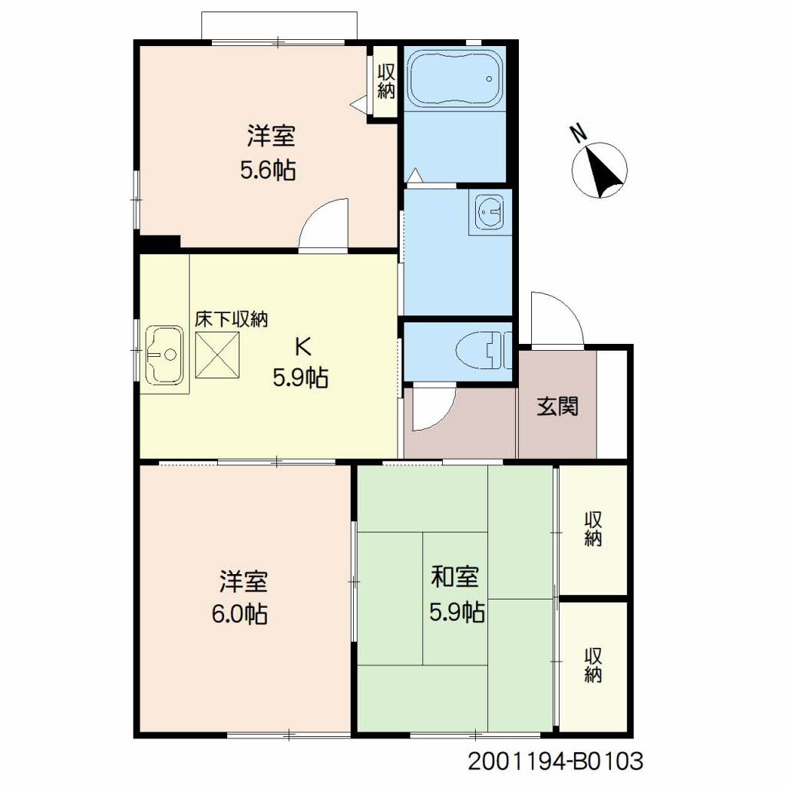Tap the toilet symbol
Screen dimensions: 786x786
[484, 350]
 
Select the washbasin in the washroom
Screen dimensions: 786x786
[490, 212]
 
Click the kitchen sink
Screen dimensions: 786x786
[164, 355]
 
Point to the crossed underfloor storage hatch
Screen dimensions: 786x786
[217, 355]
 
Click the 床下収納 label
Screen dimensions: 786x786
[231, 319]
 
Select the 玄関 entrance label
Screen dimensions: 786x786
[557, 406]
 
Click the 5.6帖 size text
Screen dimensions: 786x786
[268, 171]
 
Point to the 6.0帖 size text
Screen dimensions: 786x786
[239, 614]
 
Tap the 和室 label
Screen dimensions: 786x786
[455, 576]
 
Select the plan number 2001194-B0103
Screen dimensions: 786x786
[556, 761]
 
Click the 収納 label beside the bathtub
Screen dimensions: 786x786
[387, 81]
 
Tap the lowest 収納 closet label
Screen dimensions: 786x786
[593, 665]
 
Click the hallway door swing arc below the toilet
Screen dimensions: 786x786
[442, 417]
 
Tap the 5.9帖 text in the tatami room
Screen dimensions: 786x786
[457, 612]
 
